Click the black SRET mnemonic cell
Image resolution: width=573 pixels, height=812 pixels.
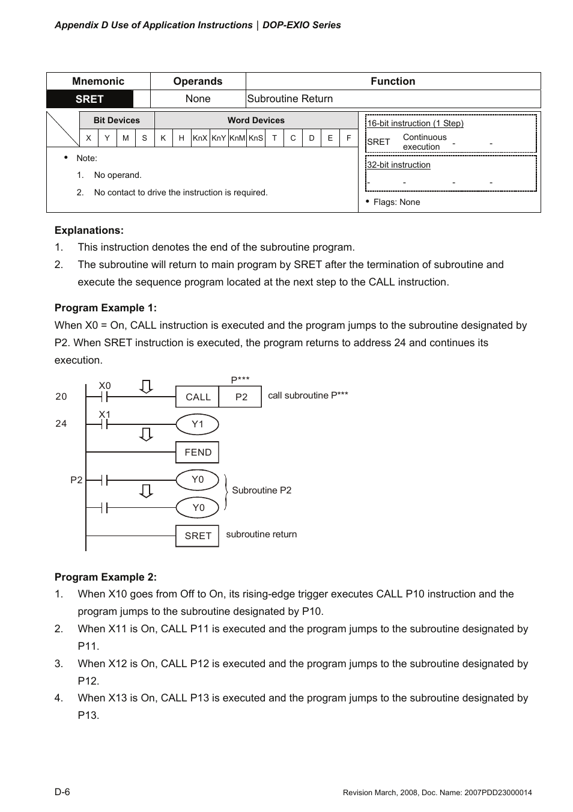tap(89, 99)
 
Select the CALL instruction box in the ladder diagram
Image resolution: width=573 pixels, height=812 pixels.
tap(198, 397)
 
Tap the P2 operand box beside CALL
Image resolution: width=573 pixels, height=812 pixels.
tap(241, 397)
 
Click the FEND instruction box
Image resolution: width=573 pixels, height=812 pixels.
tap(198, 452)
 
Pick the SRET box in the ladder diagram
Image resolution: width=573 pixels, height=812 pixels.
tap(198, 536)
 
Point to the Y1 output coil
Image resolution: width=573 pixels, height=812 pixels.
tap(197, 424)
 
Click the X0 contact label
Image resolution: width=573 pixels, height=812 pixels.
tap(105, 386)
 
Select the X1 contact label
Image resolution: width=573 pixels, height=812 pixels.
tap(105, 414)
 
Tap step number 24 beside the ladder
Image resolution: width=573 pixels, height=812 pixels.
tap(61, 423)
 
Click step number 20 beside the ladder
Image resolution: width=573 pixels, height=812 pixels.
tap(61, 396)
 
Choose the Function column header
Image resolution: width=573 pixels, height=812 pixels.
tap(393, 81)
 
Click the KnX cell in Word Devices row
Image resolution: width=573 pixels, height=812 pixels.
tap(200, 138)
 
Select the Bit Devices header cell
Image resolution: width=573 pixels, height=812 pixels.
tap(117, 120)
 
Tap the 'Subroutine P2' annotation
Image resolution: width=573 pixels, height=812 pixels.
tap(261, 490)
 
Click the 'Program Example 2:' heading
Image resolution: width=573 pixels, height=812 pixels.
tap(106, 577)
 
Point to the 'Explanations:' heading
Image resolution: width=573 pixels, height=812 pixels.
tap(89, 230)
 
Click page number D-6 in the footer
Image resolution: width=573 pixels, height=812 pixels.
tap(62, 792)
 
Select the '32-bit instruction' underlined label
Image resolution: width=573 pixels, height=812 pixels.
tap(399, 165)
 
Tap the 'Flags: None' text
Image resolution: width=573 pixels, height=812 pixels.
tap(396, 202)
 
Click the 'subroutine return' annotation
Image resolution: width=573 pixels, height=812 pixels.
tap(261, 534)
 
